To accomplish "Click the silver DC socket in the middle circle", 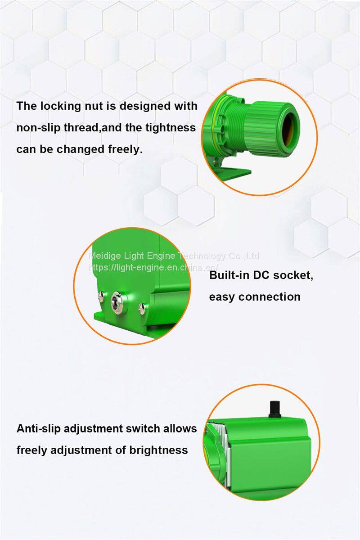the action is point(116,301).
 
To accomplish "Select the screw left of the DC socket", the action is point(101,297).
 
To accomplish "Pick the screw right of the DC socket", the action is point(142,309).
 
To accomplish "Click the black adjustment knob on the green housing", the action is point(275,409).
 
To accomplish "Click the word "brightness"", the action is point(158,450).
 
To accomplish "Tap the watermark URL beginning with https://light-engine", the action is point(154,267).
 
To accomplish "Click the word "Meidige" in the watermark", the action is point(105,256).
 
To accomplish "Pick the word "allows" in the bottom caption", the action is point(180,428).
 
